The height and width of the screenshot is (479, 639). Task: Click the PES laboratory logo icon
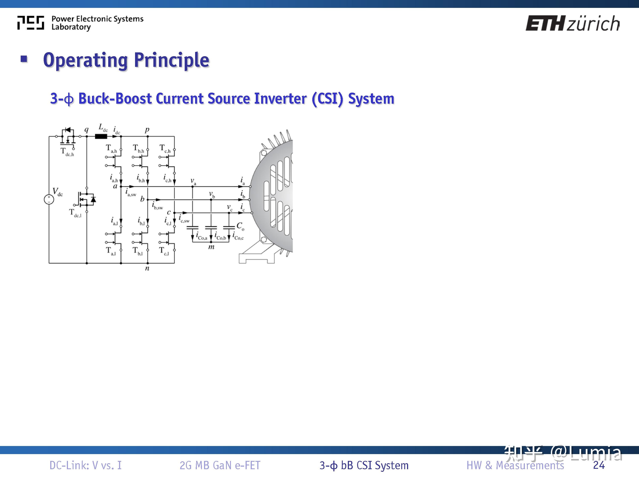click(x=31, y=23)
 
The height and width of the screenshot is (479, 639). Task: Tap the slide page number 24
click(x=599, y=465)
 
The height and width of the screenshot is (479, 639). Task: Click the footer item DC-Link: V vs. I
click(x=85, y=465)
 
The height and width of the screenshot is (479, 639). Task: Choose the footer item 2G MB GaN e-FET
click(x=220, y=465)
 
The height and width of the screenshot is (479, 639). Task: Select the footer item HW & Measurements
click(x=515, y=465)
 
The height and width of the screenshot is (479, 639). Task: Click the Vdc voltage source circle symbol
click(x=49, y=199)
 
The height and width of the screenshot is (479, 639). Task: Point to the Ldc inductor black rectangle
click(x=101, y=136)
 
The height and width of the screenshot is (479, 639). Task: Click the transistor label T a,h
click(x=111, y=149)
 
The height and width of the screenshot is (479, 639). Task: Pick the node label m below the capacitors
click(x=211, y=247)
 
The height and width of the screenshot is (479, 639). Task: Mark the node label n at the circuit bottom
click(x=147, y=268)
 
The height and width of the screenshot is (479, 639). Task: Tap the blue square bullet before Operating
click(x=24, y=59)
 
